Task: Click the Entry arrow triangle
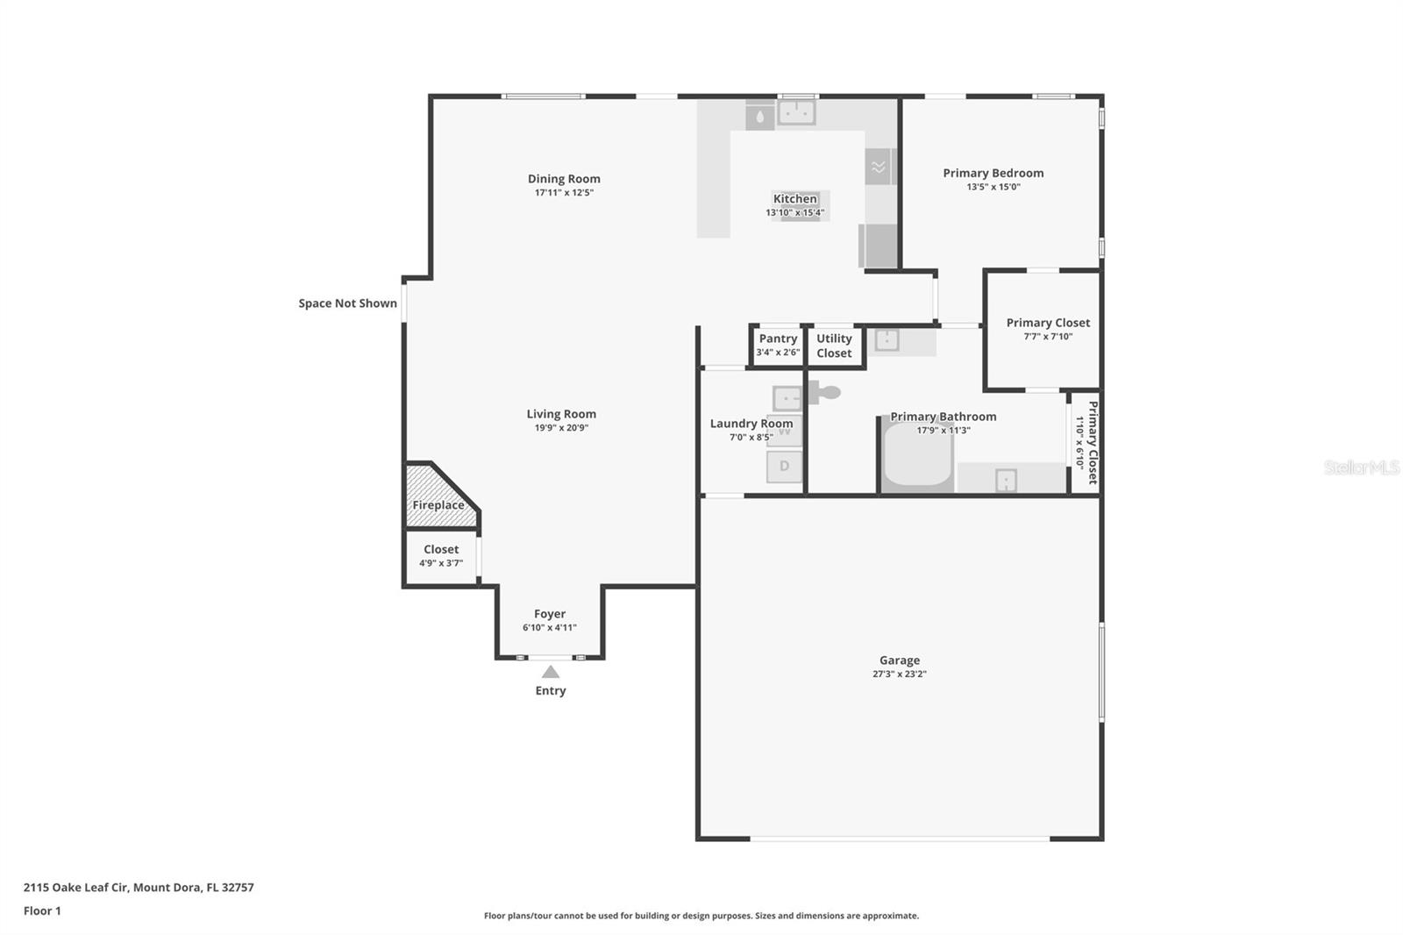[x=550, y=672]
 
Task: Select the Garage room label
[x=899, y=660]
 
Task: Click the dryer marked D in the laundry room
[x=784, y=467]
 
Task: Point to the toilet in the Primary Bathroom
[x=825, y=392]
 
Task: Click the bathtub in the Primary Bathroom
[x=917, y=456]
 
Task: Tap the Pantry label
[x=778, y=339]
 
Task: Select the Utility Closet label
[x=834, y=346]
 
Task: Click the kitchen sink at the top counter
[x=796, y=112]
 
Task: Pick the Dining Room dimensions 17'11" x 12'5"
[x=564, y=192]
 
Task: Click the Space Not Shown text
[x=347, y=303]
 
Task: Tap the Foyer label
[x=550, y=614]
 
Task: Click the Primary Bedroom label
[x=993, y=173]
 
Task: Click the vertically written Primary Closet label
[x=1093, y=442]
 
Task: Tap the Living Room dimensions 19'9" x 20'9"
[x=561, y=428]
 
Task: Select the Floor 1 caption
[x=42, y=910]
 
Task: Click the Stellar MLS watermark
[x=1361, y=467]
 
